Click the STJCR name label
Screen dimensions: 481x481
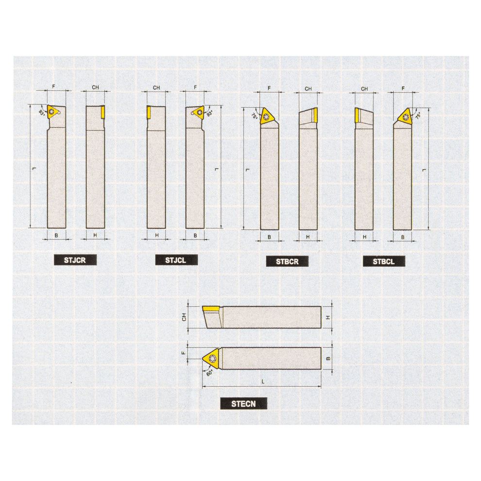point(75,260)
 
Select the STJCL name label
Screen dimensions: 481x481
point(176,260)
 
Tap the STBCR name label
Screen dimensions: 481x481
point(287,261)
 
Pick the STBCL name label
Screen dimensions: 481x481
point(383,261)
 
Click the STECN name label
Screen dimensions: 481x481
point(243,403)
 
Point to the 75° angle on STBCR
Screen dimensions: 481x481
point(254,117)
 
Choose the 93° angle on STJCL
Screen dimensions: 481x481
point(209,114)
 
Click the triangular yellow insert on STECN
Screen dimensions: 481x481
point(211,358)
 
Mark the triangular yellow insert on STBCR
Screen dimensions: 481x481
point(266,116)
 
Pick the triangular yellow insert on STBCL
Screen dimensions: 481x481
point(405,116)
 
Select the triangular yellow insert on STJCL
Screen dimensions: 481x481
point(198,113)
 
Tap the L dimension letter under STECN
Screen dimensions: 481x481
point(263,382)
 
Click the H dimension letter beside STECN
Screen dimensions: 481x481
point(328,317)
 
